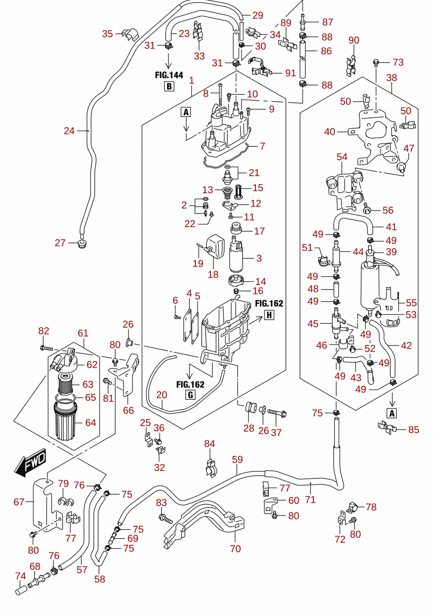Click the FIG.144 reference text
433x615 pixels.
(169, 75)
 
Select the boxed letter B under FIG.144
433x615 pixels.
(169, 87)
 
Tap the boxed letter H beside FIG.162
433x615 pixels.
(269, 315)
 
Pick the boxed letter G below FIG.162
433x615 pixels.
(190, 395)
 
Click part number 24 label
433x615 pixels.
(69, 131)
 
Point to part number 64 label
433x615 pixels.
(90, 422)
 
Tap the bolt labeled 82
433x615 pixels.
(47, 348)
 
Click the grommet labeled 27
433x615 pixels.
(82, 243)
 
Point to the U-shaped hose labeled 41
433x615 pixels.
(353, 223)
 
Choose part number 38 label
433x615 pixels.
(392, 78)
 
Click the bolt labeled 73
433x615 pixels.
(376, 63)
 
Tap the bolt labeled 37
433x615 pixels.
(277, 413)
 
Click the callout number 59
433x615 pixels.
(237, 459)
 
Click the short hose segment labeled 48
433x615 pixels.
(336, 289)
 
